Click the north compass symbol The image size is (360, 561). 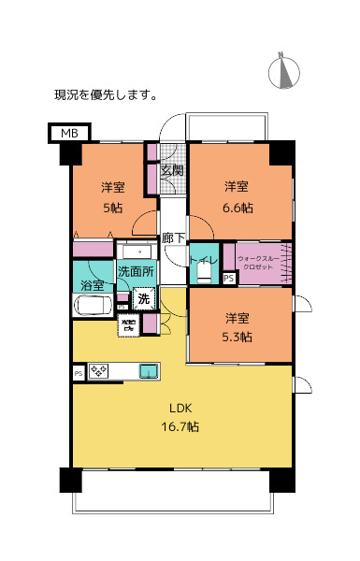(x=283, y=71)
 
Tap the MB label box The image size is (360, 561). (x=69, y=134)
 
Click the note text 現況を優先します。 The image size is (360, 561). (x=106, y=94)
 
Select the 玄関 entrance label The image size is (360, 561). (x=171, y=170)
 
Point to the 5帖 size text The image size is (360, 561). (x=111, y=208)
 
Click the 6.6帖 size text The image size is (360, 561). (x=236, y=208)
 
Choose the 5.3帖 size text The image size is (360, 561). (x=237, y=337)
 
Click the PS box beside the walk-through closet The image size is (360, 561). (x=229, y=278)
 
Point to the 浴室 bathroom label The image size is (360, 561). (x=92, y=284)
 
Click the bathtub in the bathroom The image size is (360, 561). (x=93, y=307)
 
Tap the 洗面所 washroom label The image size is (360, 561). (x=136, y=271)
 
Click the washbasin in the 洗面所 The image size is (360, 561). (x=137, y=252)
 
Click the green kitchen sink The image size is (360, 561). (x=149, y=372)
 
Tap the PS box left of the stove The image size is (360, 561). (x=78, y=372)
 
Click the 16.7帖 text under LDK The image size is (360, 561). (x=180, y=426)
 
